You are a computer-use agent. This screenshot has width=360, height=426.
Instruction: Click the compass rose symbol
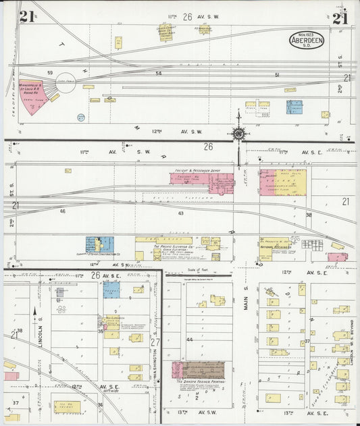pyautogui.click(x=238, y=133)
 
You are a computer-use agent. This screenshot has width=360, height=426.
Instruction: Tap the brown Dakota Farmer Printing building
pyautogui.click(x=203, y=370)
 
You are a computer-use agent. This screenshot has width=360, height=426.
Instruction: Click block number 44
pyautogui.click(x=190, y=340)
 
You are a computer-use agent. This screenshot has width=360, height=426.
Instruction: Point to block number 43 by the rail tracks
pyautogui.click(x=181, y=213)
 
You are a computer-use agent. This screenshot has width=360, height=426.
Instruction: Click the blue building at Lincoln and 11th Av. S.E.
pyautogui.click(x=111, y=289)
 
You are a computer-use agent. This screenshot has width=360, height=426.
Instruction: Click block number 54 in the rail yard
pyautogui.click(x=159, y=73)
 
